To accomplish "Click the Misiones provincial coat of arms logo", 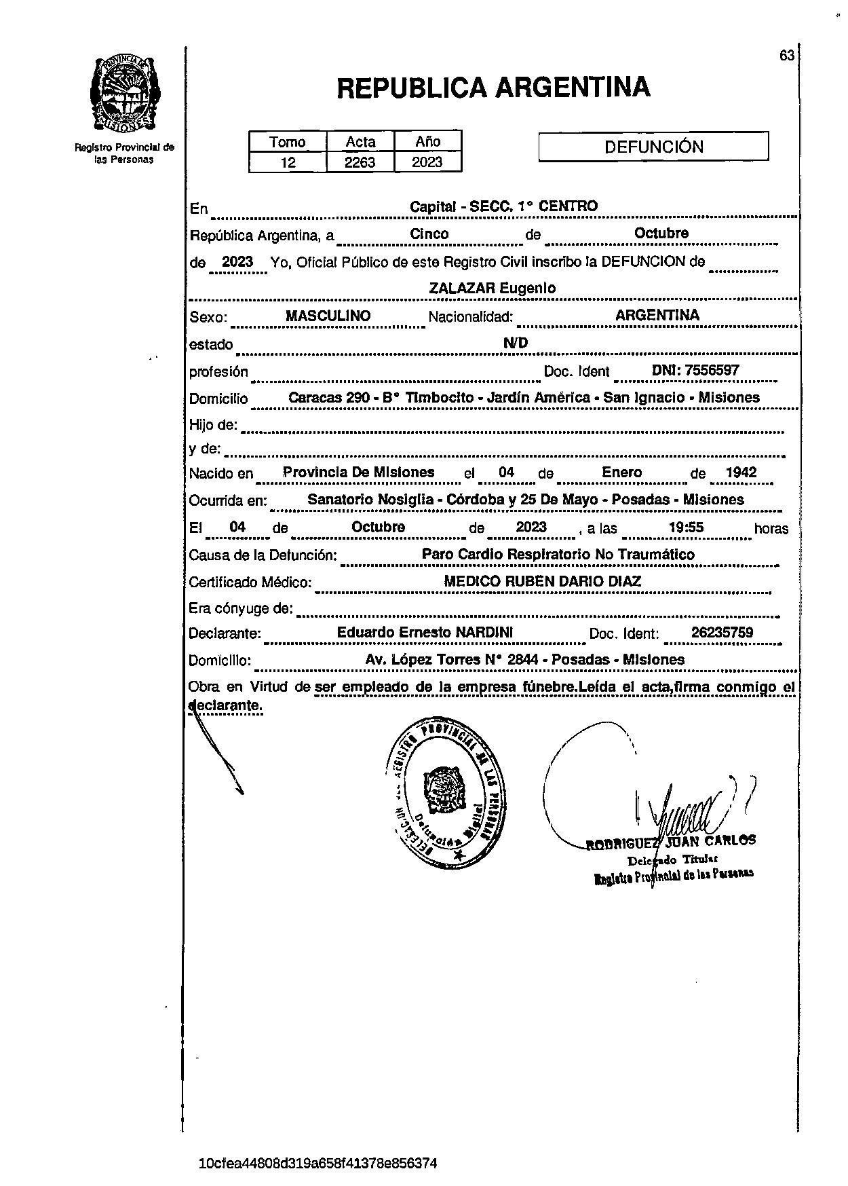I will coord(125,95).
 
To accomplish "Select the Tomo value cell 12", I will coord(288,162).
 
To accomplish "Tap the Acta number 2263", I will coord(360,162).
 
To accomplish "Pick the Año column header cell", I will coord(428,141).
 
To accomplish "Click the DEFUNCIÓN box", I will coord(653,147).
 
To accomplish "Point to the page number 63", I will coord(787,56).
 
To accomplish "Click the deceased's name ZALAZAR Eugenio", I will coord(493,288).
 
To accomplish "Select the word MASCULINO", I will coord(328,316).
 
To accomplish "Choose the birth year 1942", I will coord(741,472).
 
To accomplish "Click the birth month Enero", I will coord(622,472).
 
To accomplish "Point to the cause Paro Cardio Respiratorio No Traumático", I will coord(558,555).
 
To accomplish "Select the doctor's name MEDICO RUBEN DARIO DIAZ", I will coord(542,582).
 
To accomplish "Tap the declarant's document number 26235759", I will coord(722,633).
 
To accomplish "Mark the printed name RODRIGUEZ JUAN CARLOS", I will coord(671,842).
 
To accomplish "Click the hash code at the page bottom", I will coord(318,1164).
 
